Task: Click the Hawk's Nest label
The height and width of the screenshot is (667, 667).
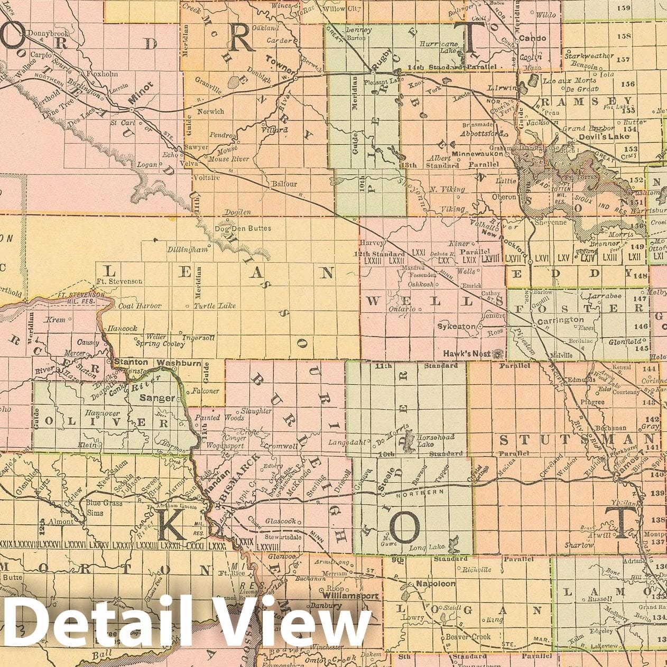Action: coord(470,352)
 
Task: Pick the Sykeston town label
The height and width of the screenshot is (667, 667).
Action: coord(456,327)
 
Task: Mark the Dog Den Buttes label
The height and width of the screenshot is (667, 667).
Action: coord(243,228)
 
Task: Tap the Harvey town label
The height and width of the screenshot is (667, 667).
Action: coord(370,243)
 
